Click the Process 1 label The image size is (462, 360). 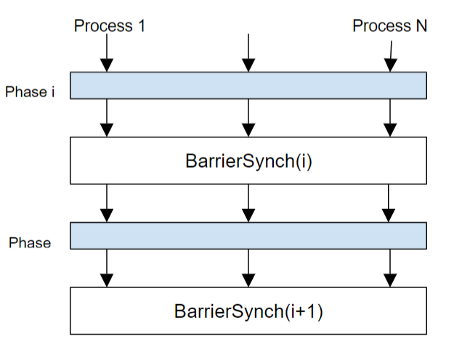(x=109, y=25)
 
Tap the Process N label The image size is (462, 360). (x=389, y=25)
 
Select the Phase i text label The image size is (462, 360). (x=30, y=92)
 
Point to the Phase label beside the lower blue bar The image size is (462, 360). (x=30, y=243)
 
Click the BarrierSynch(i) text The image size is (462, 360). (x=248, y=161)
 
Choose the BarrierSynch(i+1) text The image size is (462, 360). (x=248, y=311)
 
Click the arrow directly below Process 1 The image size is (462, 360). (x=107, y=53)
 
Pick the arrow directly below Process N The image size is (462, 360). (x=390, y=57)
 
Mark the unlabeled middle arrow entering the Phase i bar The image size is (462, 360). (x=248, y=53)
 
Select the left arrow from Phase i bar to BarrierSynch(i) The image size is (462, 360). (x=107, y=118)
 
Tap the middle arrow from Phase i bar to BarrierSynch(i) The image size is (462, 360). (x=248, y=118)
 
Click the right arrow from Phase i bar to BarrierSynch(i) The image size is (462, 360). (x=390, y=118)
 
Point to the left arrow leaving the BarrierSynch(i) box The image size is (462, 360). (x=107, y=203)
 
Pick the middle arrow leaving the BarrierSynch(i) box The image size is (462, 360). (x=248, y=203)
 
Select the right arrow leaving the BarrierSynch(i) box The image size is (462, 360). (x=389, y=203)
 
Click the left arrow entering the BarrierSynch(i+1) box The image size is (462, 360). (x=107, y=268)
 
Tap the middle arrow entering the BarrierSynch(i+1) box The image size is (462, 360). (x=248, y=268)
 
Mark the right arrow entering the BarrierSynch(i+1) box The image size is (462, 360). (x=390, y=268)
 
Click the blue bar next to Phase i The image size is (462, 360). (x=248, y=86)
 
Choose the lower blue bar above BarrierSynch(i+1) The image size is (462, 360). (x=248, y=236)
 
